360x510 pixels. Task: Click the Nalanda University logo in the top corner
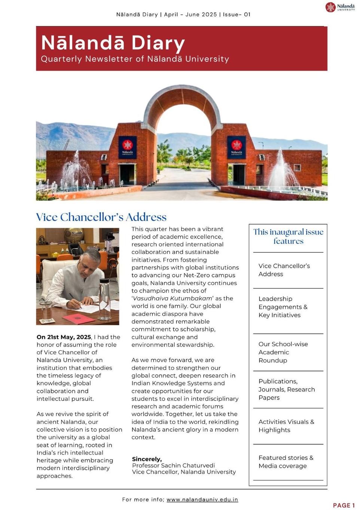[x=340, y=7]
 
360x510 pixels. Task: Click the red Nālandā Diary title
[x=113, y=43]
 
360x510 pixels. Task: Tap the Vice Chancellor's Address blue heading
[x=101, y=217]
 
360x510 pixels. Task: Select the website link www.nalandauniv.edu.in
[x=202, y=500]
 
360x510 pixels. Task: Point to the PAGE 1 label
[x=344, y=505]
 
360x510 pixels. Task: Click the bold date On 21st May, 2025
[x=64, y=337]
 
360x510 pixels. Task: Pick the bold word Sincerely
[x=147, y=459]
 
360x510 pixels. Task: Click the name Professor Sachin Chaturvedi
[x=173, y=465]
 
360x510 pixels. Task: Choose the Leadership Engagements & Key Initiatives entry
[x=283, y=307]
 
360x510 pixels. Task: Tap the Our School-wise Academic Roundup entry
[x=283, y=352]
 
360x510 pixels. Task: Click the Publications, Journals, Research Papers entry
[x=286, y=389]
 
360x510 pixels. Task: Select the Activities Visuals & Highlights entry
[x=286, y=426]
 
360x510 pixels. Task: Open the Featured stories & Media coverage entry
[x=286, y=462]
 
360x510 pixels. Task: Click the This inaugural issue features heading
[x=288, y=236]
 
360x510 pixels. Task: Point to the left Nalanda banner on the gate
[x=127, y=148]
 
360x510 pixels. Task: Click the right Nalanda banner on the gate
[x=237, y=148]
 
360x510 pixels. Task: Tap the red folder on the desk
[x=79, y=319]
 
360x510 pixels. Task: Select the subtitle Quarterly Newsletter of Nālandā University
[x=135, y=59]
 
